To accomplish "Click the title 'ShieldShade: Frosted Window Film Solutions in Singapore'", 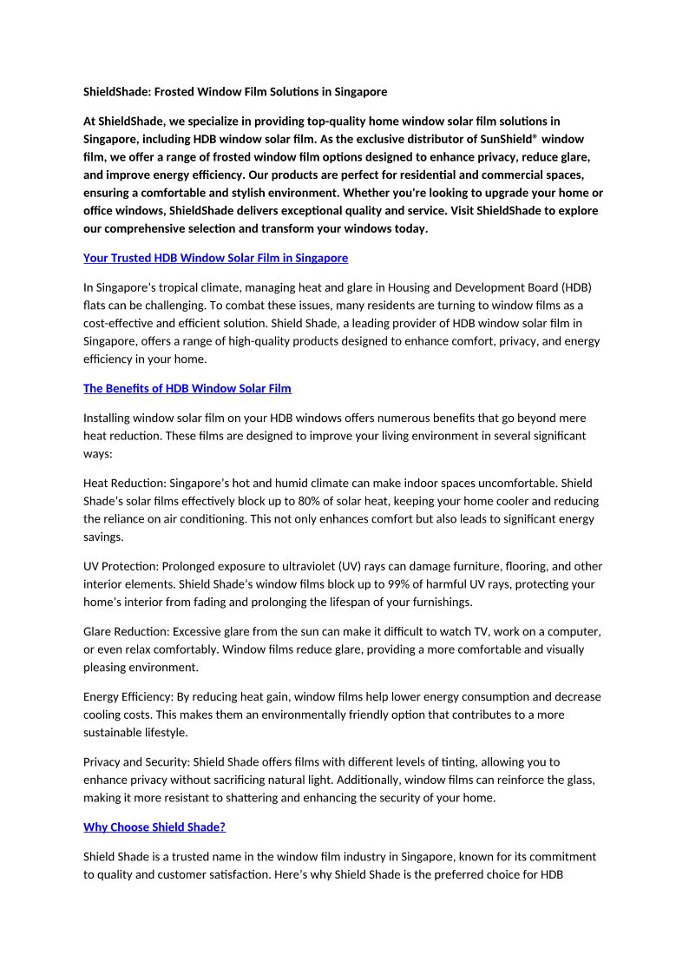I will (x=235, y=91).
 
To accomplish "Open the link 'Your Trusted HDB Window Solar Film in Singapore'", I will (x=215, y=258).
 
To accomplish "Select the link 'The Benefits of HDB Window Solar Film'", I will (x=187, y=388).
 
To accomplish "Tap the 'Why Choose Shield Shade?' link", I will (x=154, y=827).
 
